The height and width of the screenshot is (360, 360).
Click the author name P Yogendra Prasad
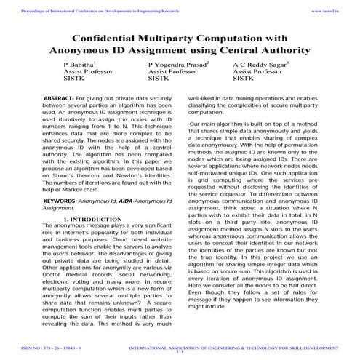click(177, 65)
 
